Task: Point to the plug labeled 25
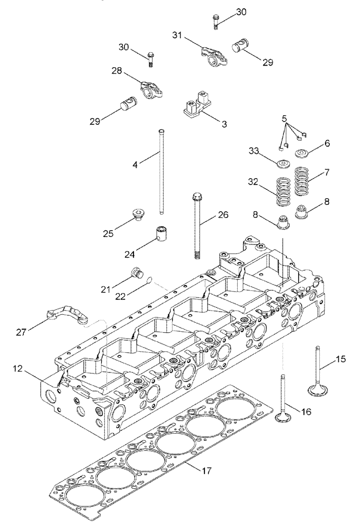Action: point(138,214)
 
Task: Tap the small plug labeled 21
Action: point(137,273)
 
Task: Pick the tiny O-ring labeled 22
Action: point(150,280)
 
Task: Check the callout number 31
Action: point(177,35)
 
